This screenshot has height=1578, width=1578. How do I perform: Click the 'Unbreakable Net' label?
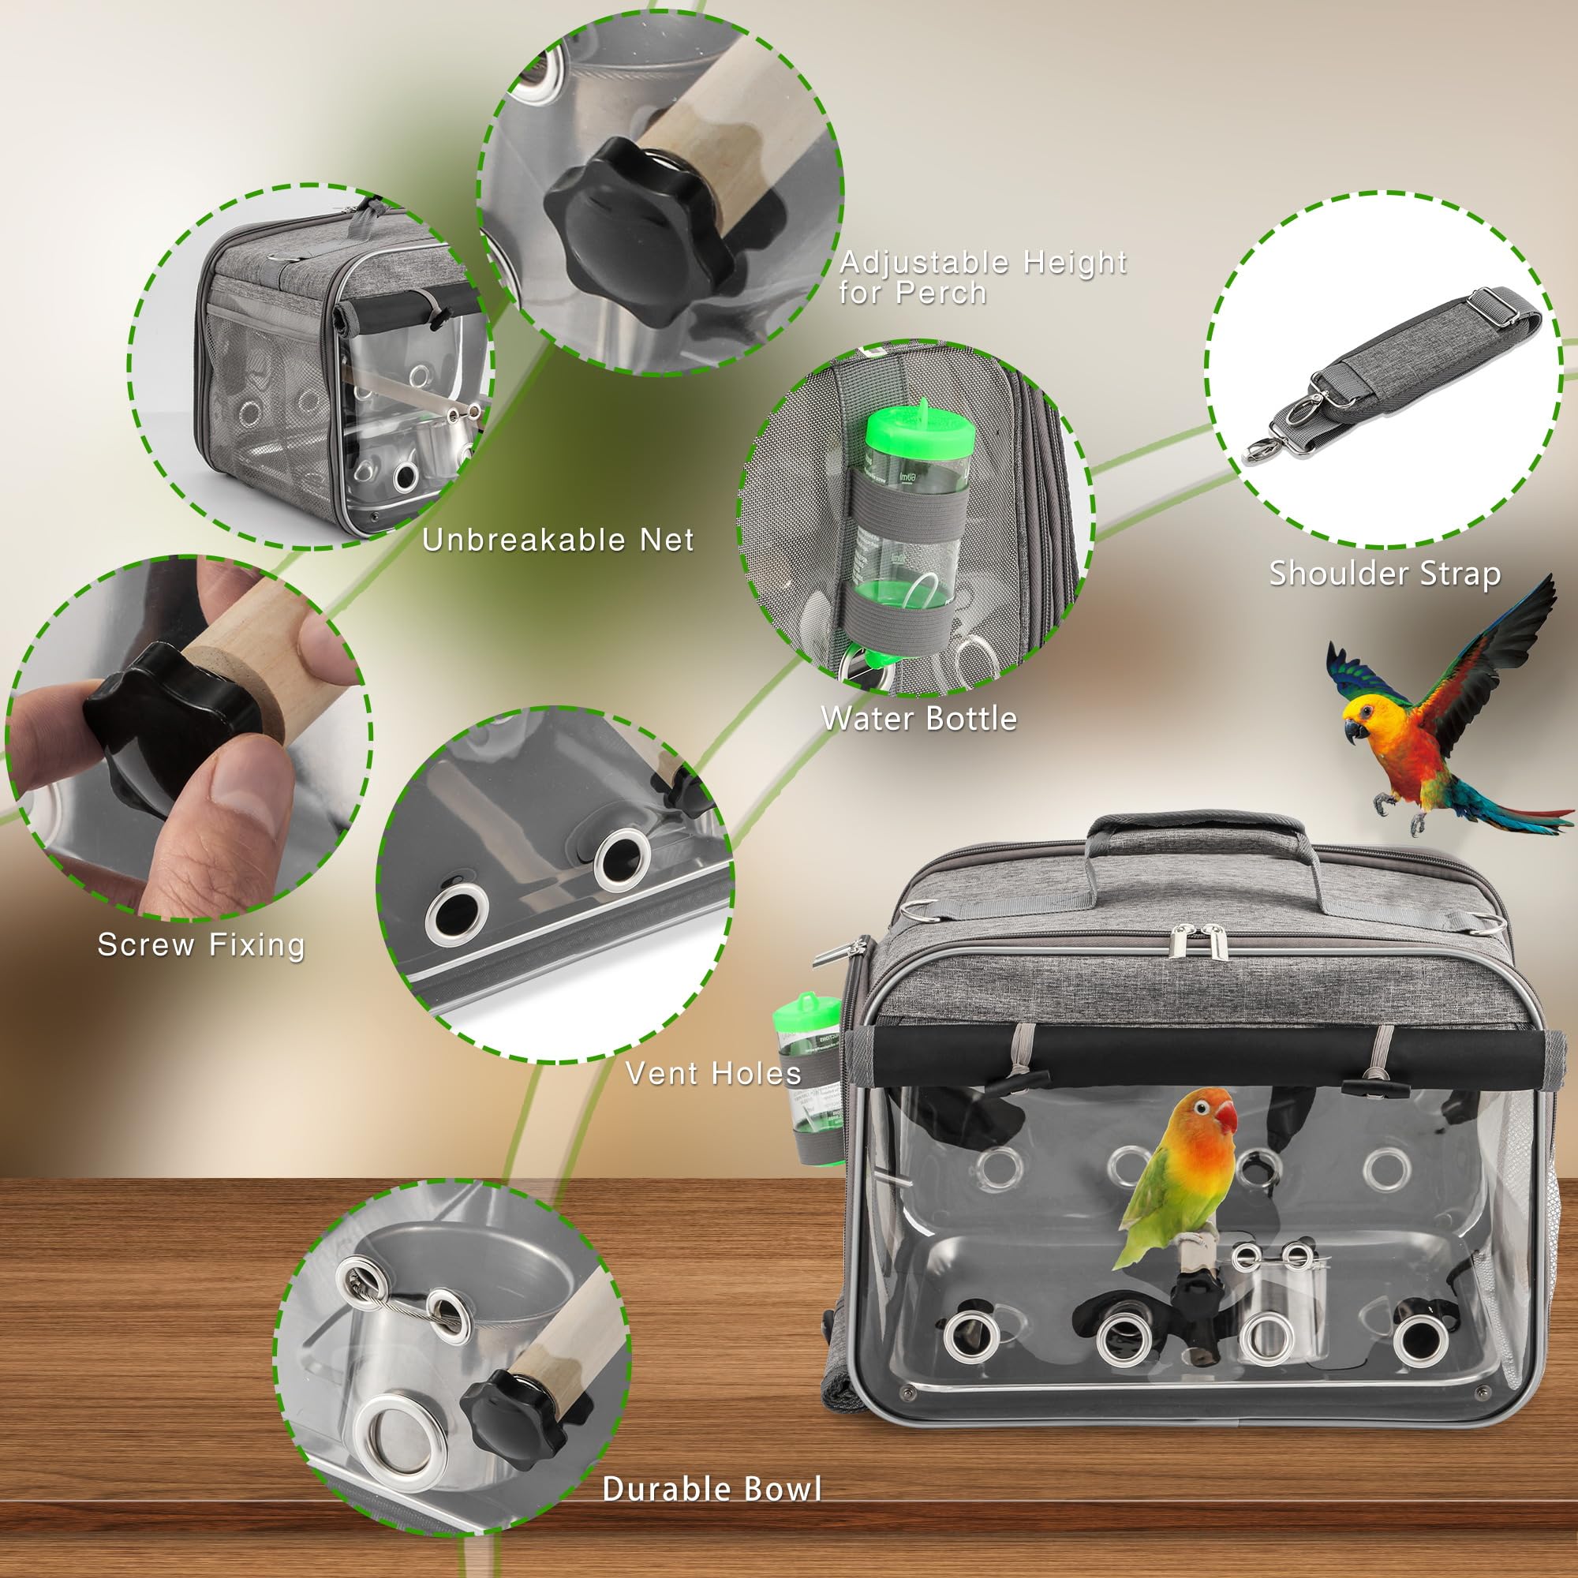[558, 540]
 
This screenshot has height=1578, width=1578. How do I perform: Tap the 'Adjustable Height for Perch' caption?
[983, 277]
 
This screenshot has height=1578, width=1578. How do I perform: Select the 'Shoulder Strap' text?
[1385, 574]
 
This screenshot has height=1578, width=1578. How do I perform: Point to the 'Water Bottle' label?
[919, 718]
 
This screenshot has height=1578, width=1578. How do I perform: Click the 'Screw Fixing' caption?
[201, 944]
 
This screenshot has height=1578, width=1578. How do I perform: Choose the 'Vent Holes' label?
[713, 1072]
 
